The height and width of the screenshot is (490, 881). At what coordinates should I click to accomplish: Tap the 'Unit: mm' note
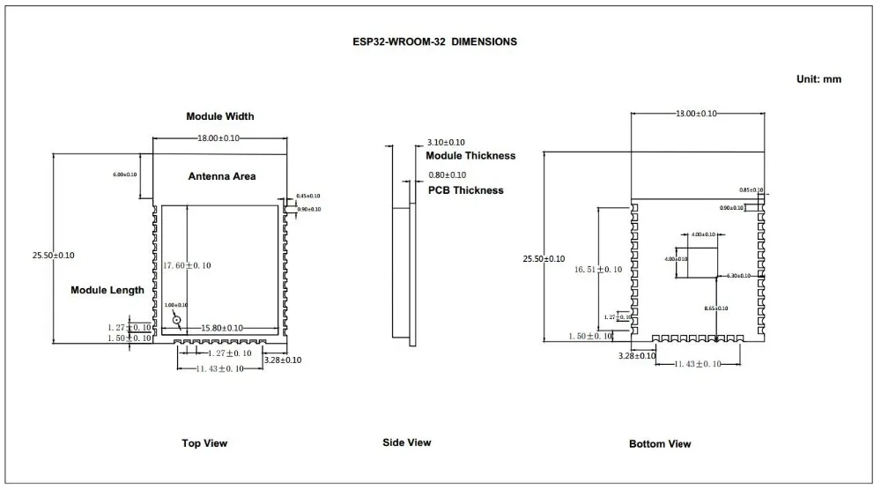coord(818,79)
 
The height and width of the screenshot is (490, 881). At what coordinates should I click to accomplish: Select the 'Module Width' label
coord(219,116)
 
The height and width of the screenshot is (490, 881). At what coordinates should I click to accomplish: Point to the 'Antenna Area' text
coord(222,176)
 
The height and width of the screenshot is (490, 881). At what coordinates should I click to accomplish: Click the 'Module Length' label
coord(107,290)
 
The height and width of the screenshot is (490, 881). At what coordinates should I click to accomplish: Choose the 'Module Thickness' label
coord(470,156)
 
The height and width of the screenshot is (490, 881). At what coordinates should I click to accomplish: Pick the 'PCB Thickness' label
coord(465,190)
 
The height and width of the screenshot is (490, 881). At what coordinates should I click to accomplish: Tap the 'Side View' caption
coord(407,442)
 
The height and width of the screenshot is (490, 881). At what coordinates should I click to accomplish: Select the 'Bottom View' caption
coord(660,444)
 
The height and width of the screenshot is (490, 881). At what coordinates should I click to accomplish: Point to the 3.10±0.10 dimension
coord(446,143)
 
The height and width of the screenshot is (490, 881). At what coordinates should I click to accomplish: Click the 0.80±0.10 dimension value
coord(448,175)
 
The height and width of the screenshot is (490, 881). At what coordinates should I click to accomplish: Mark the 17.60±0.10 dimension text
coord(187,265)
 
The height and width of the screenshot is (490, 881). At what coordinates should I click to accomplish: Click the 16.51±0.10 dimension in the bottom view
coord(597,270)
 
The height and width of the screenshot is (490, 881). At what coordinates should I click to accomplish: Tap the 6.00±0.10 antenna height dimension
coord(124,174)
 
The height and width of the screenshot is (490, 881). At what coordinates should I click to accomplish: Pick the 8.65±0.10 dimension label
coord(715,308)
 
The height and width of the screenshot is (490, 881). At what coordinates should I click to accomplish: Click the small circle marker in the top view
coord(177,322)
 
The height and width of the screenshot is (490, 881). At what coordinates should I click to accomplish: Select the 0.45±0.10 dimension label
coord(308,196)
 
